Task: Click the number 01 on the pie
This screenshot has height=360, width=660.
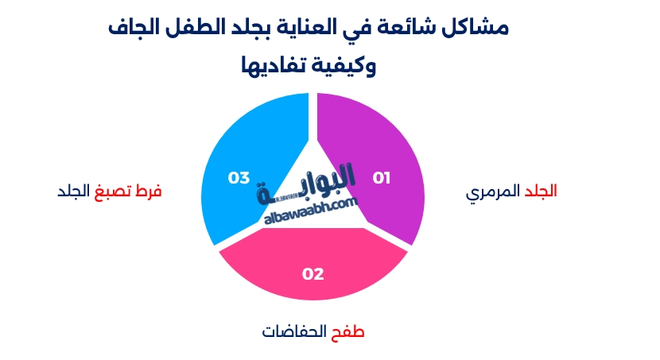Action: [x=382, y=178]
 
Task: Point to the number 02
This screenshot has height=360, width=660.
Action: [x=313, y=274]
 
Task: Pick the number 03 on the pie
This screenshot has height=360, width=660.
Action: [x=239, y=178]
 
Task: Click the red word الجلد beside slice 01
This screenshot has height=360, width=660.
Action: [x=540, y=192]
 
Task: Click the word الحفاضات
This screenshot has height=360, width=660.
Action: [x=295, y=331]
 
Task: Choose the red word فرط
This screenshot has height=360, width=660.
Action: [x=148, y=192]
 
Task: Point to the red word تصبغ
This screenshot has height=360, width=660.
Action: [x=111, y=192]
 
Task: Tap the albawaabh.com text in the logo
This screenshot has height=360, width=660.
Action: [x=311, y=209]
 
